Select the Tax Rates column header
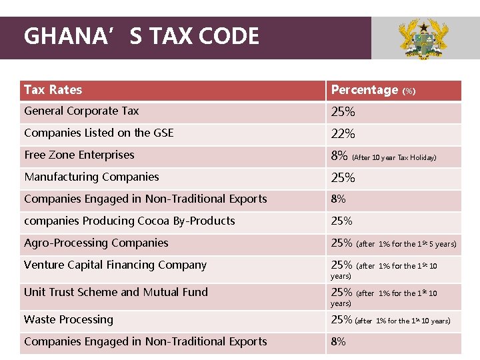[53, 90]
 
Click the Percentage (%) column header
[373, 90]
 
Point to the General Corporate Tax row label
[81, 111]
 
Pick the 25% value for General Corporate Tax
[343, 112]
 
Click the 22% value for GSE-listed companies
[343, 134]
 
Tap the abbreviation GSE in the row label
[163, 133]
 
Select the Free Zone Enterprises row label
[79, 155]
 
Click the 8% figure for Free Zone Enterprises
[339, 156]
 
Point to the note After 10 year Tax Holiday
[394, 158]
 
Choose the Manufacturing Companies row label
[91, 177]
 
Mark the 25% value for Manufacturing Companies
[343, 178]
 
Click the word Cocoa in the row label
[157, 221]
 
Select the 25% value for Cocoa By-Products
[341, 221]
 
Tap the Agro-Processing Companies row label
[96, 243]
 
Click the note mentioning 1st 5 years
[407, 244]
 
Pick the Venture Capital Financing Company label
[115, 265]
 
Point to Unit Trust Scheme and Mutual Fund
[116, 292]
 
